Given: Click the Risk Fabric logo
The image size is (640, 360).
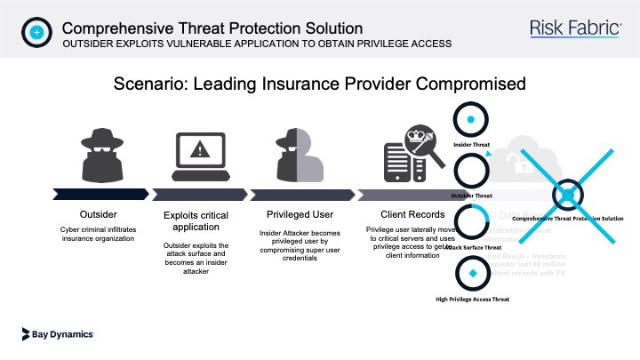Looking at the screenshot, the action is [x=575, y=28].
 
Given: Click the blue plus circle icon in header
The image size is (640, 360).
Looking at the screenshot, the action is [x=36, y=32].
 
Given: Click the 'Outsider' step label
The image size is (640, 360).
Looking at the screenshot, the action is [x=98, y=214].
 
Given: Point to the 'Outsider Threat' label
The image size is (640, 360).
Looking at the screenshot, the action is [x=472, y=194].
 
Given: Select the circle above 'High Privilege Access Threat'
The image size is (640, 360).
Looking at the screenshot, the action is [x=472, y=275].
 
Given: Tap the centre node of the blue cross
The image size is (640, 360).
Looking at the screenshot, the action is [x=566, y=195].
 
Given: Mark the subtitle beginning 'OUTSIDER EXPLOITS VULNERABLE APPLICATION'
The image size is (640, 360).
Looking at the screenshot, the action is [x=257, y=44].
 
